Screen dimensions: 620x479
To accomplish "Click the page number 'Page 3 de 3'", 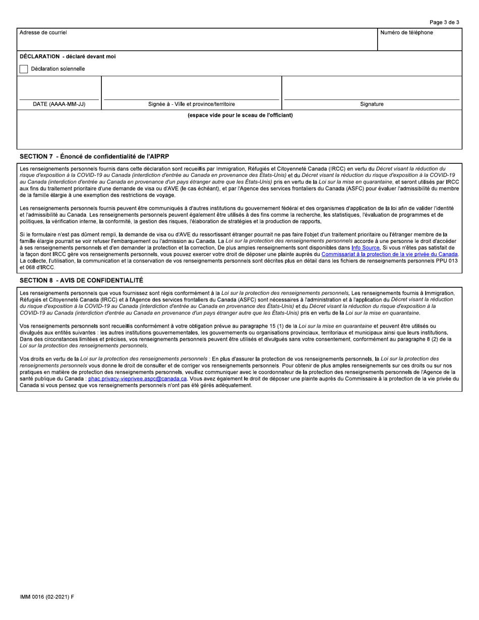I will (x=444, y=22).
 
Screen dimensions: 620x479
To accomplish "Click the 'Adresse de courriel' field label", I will (x=43, y=33).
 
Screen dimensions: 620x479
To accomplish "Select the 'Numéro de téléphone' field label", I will (x=406, y=33).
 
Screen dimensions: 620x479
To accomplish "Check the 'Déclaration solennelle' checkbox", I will (x=24, y=69).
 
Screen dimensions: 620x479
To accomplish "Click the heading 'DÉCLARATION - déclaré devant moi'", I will (x=68, y=56).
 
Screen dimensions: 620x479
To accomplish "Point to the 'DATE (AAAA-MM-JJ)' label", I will (x=59, y=104).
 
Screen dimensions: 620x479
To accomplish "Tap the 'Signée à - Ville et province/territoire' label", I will (x=191, y=104).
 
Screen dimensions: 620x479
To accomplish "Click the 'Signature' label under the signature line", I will (x=372, y=104).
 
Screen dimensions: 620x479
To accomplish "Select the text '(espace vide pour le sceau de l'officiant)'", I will (x=240, y=115).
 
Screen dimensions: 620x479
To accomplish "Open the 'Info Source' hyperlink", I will (x=366, y=248).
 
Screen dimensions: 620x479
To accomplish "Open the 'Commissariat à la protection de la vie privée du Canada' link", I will (x=389, y=255).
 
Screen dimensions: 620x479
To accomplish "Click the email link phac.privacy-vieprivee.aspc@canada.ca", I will (x=138, y=378).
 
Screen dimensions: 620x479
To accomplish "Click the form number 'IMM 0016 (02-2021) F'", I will (x=47, y=597).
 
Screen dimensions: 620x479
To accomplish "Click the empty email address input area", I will (x=197, y=43).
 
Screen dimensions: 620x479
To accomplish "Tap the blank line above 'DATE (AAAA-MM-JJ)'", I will (x=59, y=93).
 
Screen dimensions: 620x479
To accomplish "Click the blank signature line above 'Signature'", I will (x=372, y=93).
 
